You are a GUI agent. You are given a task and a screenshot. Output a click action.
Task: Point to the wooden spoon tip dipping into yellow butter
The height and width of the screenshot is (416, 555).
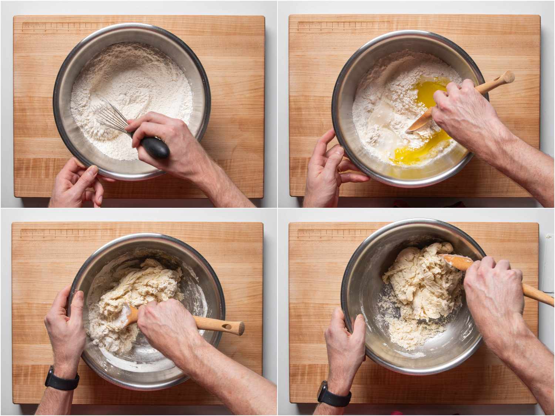[x=416, y=126]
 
